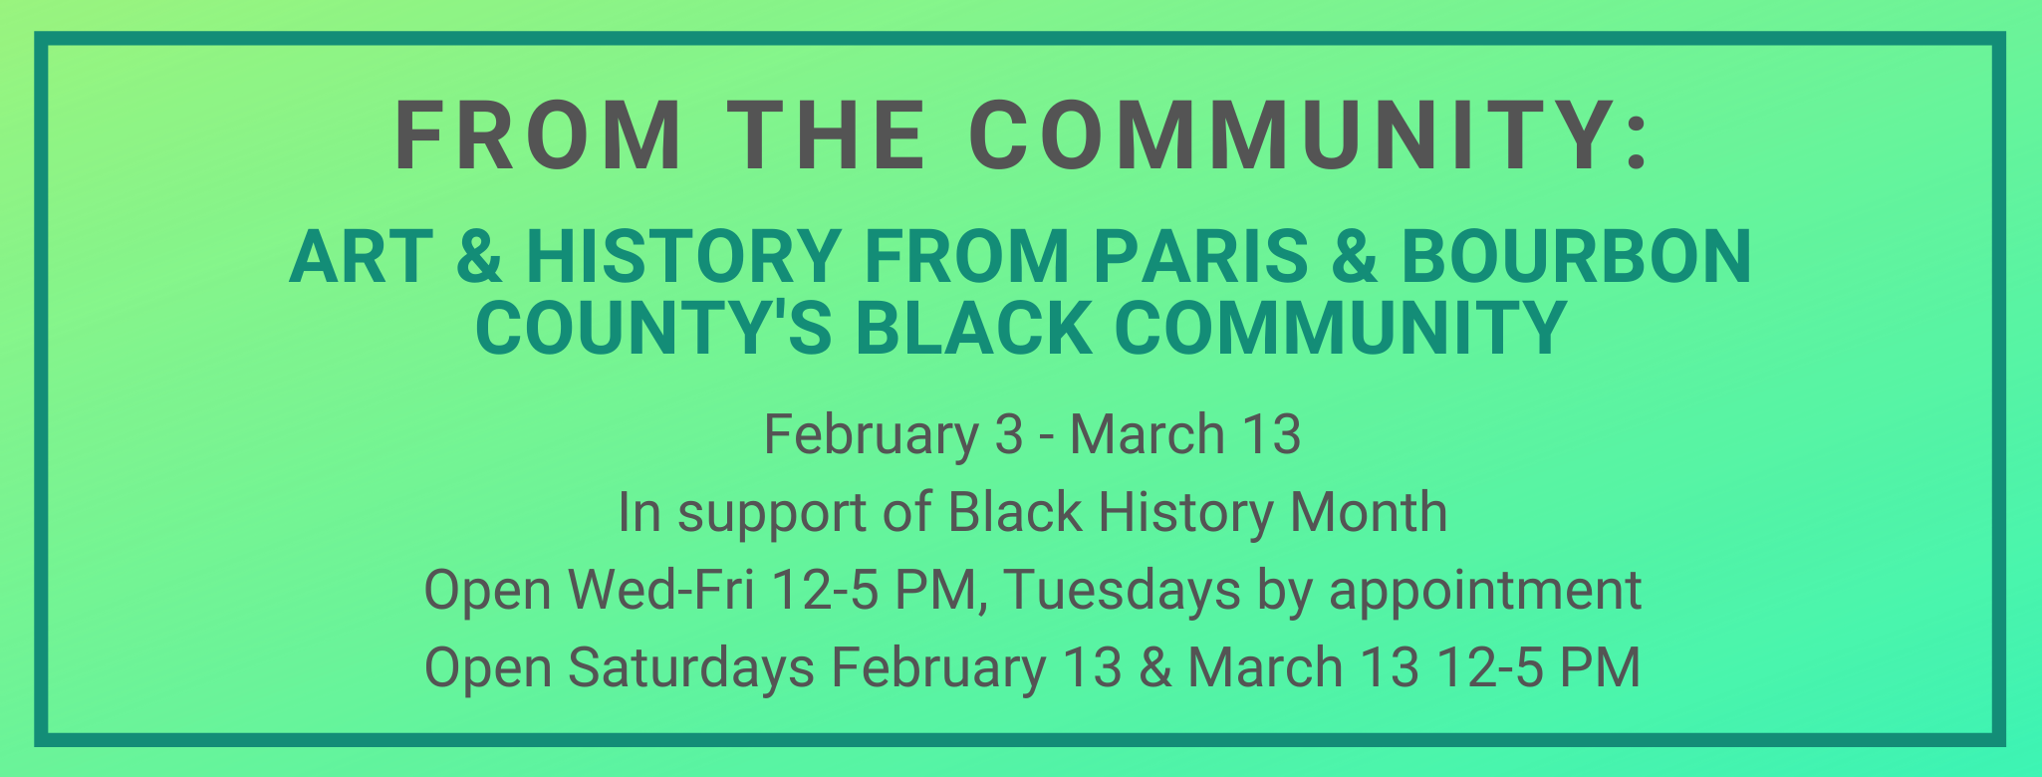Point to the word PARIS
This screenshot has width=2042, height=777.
(1199, 257)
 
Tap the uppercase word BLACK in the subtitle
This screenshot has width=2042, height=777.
(973, 329)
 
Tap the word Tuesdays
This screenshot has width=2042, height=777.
(1122, 590)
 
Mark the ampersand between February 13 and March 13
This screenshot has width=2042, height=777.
(1154, 667)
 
